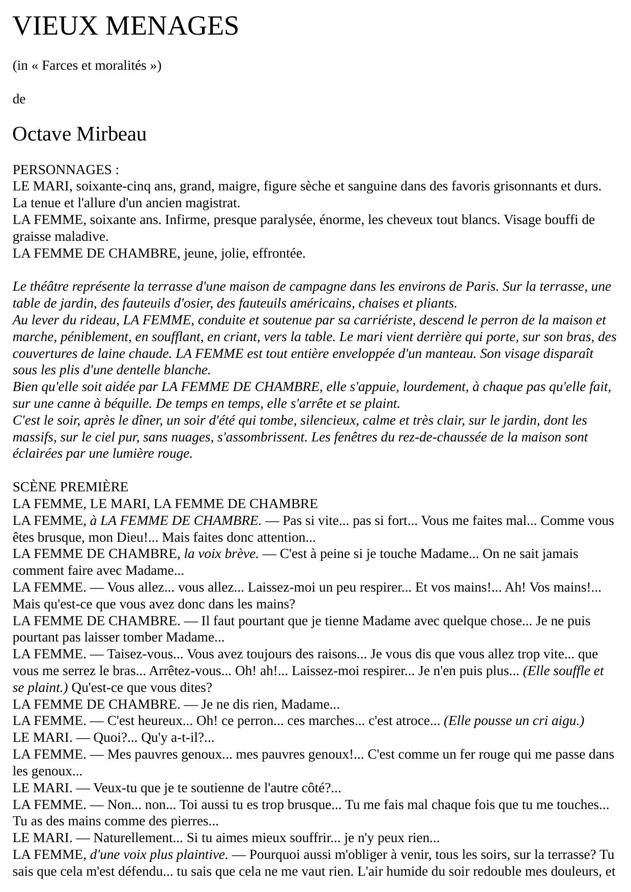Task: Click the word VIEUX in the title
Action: pyautogui.click(x=54, y=26)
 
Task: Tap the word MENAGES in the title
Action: pyautogui.click(x=172, y=26)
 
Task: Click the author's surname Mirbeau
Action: pyautogui.click(x=111, y=134)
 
